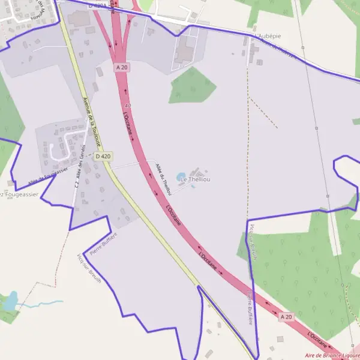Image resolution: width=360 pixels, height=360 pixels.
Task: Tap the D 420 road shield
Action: point(103,156)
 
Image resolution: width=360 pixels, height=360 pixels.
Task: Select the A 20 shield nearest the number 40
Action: point(122,68)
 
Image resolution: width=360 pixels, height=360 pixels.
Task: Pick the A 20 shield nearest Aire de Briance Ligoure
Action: point(286,316)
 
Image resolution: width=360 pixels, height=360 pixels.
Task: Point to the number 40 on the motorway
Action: point(128,106)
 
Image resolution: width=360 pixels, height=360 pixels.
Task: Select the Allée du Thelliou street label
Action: point(163,178)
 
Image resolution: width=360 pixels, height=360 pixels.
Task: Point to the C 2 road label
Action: point(77,185)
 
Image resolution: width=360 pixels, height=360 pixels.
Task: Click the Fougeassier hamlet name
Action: point(20,195)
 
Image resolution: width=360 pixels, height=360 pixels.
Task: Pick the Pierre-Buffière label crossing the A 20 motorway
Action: point(249,308)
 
